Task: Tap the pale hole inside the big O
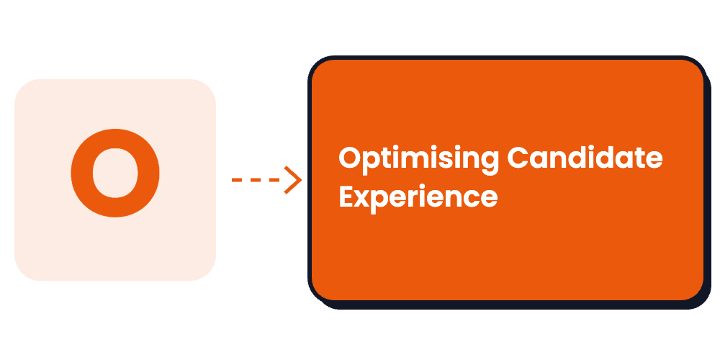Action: tap(115, 173)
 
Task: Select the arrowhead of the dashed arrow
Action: tap(293, 179)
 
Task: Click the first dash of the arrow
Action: tap(237, 180)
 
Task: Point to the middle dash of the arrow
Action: tap(256, 180)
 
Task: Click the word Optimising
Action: tap(418, 161)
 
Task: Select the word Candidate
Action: tap(585, 158)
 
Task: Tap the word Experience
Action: tap(418, 198)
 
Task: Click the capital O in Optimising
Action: tap(350, 158)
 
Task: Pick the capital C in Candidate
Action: tap(518, 158)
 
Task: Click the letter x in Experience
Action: tap(361, 199)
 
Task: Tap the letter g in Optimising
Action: tap(490, 164)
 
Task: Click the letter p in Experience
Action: tap(379, 202)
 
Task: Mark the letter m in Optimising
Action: tap(414, 161)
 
